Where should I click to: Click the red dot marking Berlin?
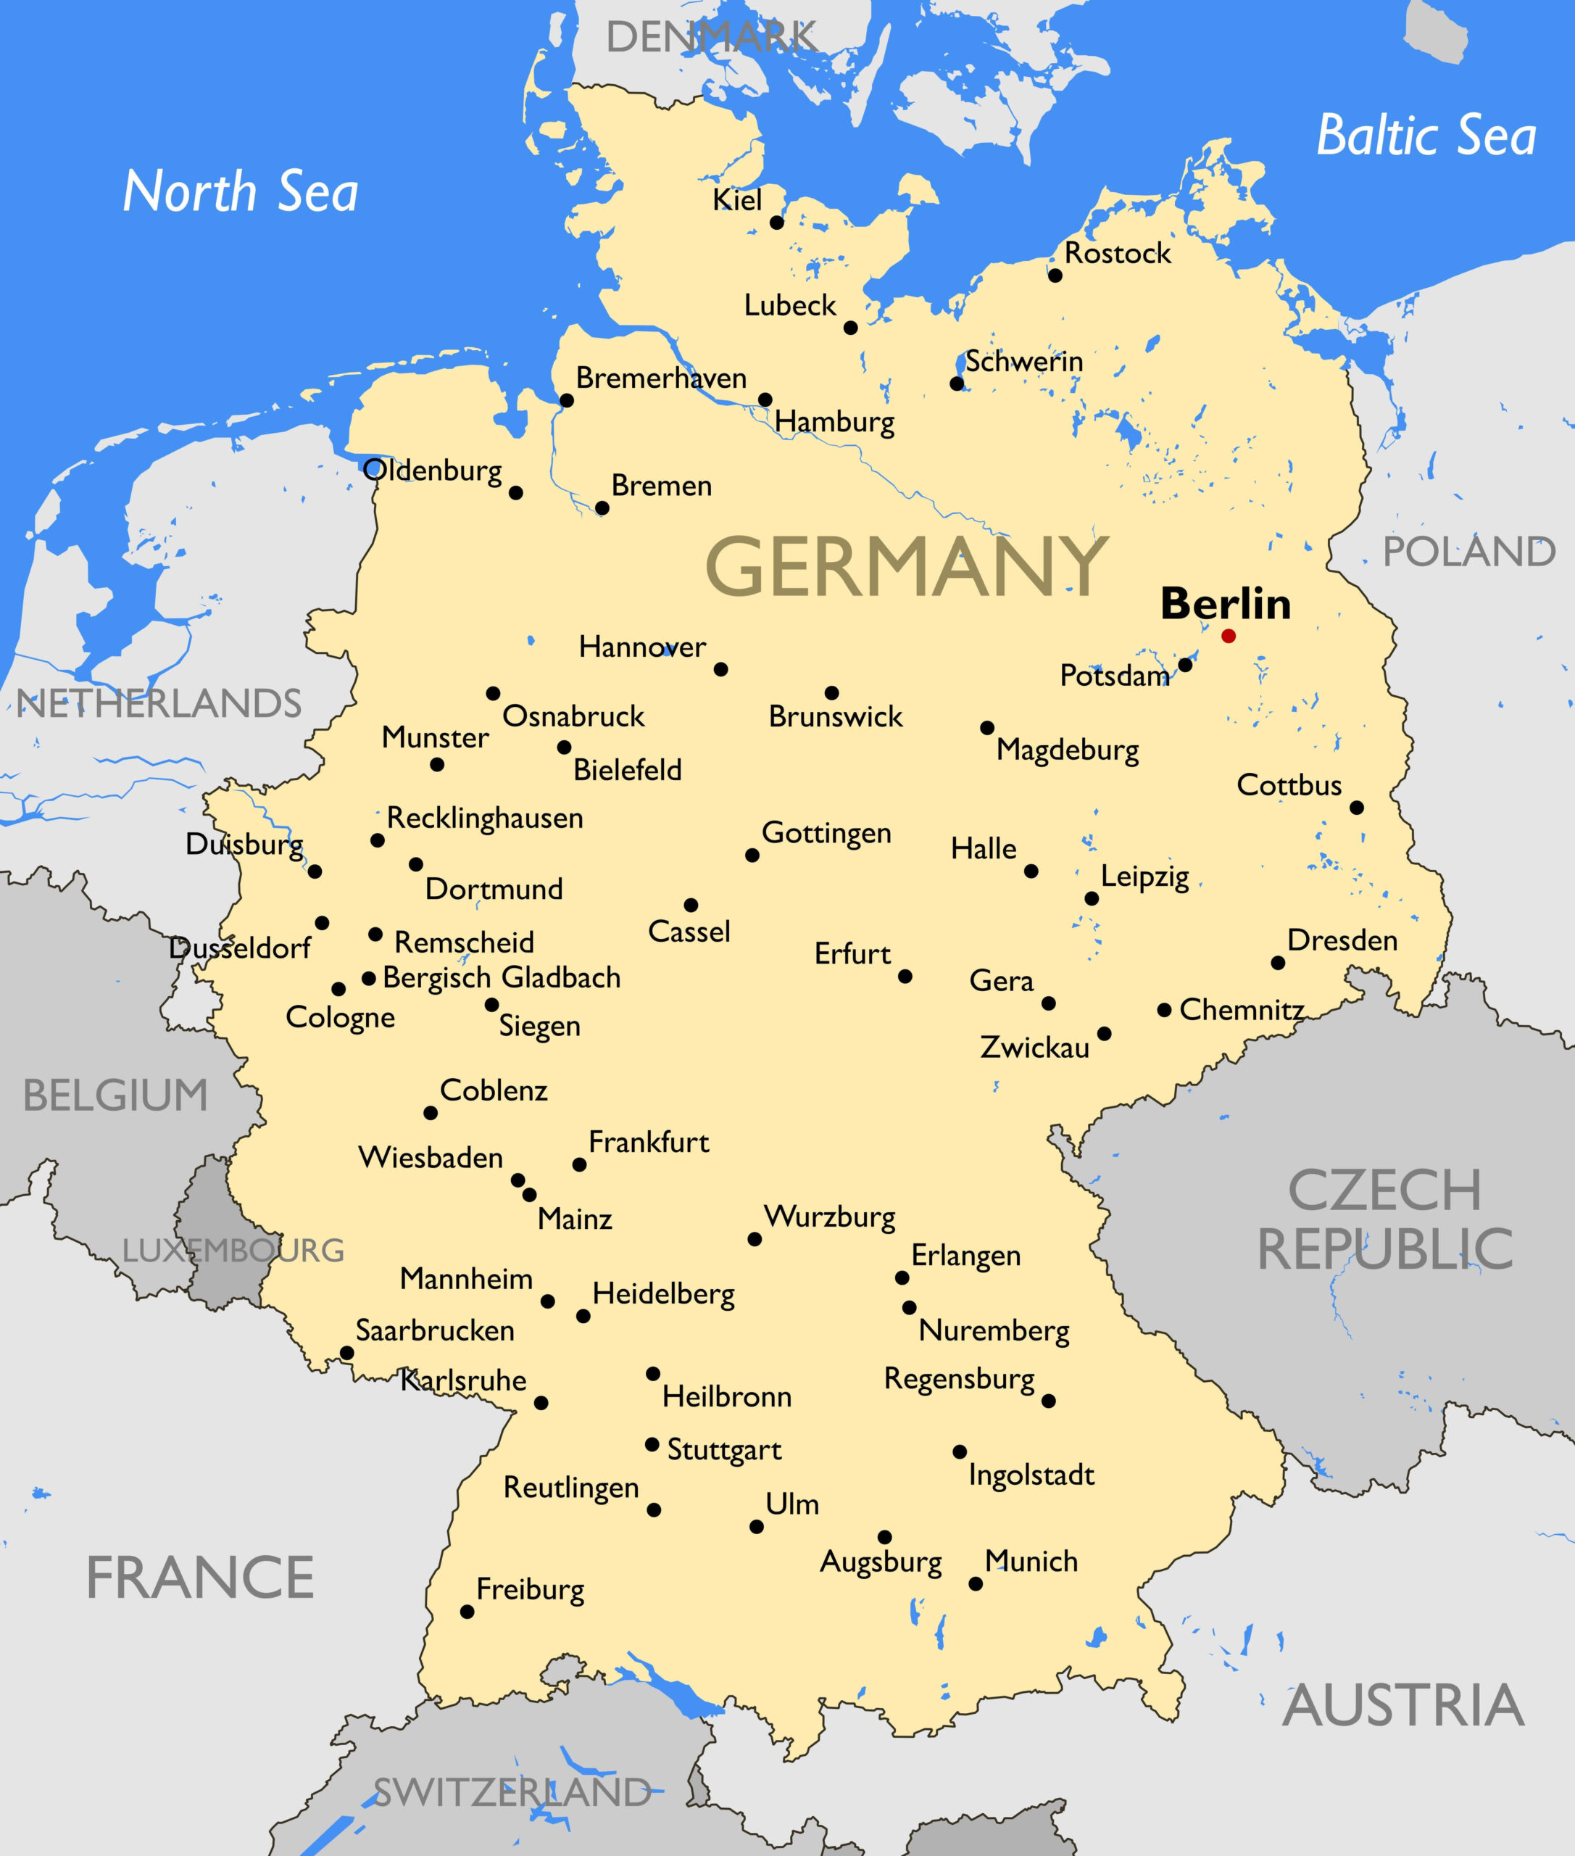[1229, 636]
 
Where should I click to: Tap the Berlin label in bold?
[1225, 605]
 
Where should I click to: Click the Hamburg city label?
[834, 421]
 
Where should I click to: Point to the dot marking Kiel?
[777, 223]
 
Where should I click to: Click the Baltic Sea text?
[1426, 136]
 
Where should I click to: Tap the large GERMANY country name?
[906, 566]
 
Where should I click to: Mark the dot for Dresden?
[1278, 963]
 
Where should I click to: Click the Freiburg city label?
[531, 1590]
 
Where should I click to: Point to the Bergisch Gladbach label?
[501, 978]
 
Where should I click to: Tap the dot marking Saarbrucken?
[347, 1353]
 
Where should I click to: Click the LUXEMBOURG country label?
[233, 1251]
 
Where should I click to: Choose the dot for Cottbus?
[1356, 808]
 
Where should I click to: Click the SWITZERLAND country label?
[512, 1793]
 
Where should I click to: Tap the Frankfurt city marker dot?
[579, 1164]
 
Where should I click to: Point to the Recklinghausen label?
[485, 818]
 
